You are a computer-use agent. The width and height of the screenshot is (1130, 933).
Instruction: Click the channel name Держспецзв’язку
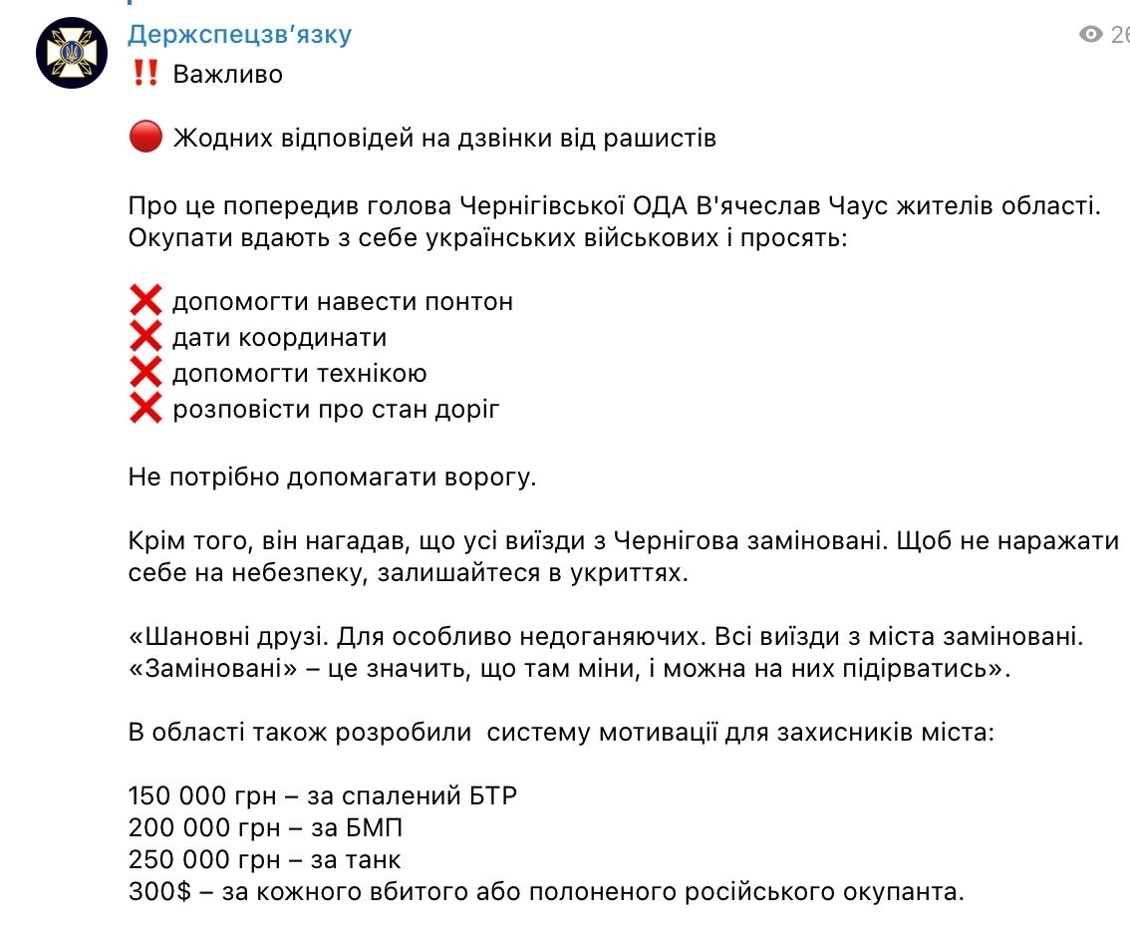(x=239, y=35)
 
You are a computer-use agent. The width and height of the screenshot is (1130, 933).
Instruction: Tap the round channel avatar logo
(x=72, y=52)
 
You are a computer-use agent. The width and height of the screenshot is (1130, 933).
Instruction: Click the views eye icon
(x=1091, y=35)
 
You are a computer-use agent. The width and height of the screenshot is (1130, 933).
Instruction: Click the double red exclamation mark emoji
(x=144, y=74)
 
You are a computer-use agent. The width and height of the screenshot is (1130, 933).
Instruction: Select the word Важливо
(x=228, y=74)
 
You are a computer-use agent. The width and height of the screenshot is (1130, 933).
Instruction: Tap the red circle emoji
(x=144, y=138)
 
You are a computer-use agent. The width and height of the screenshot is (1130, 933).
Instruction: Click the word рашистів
(x=660, y=138)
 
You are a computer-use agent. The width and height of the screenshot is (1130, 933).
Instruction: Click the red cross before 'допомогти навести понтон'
(x=145, y=301)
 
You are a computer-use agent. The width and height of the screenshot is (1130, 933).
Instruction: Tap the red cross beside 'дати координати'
(x=145, y=337)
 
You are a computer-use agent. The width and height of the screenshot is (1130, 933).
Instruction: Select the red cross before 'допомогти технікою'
(x=145, y=373)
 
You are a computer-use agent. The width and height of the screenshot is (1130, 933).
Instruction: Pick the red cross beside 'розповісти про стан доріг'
(x=145, y=409)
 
